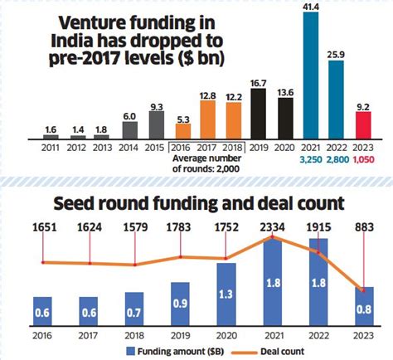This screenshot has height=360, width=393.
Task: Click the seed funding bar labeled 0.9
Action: pyautogui.click(x=181, y=304)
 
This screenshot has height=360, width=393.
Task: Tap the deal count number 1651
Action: pyautogui.click(x=42, y=226)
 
